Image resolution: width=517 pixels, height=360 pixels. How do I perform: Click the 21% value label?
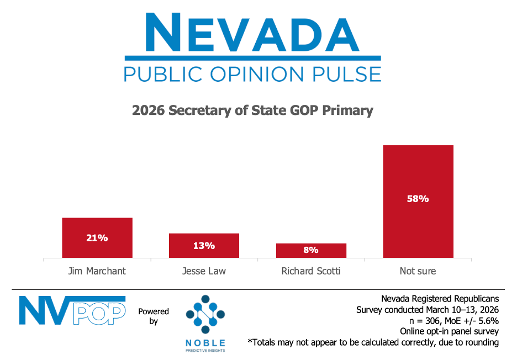(x=97, y=239)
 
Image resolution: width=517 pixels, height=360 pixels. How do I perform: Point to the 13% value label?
(x=204, y=246)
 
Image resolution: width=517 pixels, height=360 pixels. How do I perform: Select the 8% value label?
(x=311, y=250)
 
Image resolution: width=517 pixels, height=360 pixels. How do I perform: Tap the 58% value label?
(x=418, y=199)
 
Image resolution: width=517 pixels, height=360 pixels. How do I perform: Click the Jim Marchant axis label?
(x=97, y=271)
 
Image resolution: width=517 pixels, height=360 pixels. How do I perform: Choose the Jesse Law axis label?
(x=204, y=271)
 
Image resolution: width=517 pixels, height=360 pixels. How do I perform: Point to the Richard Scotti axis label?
(x=311, y=271)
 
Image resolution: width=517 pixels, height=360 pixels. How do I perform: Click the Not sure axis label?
(x=418, y=271)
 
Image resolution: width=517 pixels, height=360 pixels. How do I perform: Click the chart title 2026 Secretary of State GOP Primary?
(x=252, y=110)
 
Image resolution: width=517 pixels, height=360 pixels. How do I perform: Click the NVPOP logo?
(x=72, y=310)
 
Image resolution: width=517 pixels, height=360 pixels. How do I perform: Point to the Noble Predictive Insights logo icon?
(x=205, y=316)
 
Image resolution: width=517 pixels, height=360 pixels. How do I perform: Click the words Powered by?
(x=154, y=316)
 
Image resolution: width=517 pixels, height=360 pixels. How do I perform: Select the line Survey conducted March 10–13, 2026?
(x=428, y=310)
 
